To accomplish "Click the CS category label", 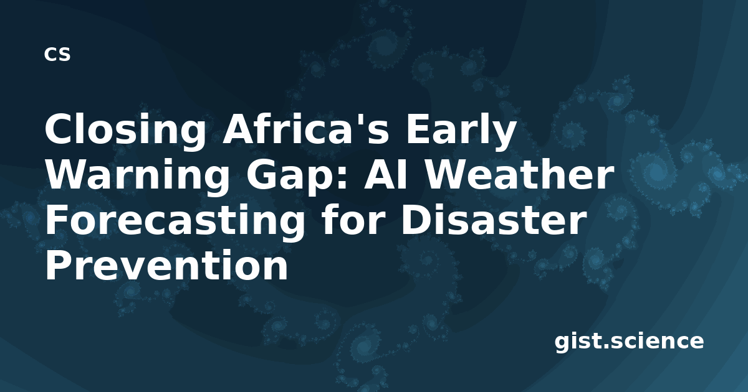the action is [x=57, y=54].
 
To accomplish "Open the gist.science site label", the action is [x=629, y=342].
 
